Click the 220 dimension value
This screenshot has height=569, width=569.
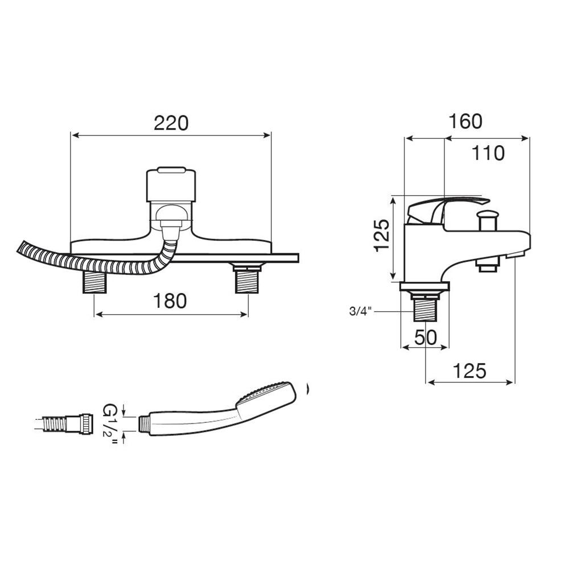pos(171,123)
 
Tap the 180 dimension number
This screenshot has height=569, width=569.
pos(170,301)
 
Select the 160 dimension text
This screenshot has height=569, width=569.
pos(465,121)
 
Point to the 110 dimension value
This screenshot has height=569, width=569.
pos(488,153)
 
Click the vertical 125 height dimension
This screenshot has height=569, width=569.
pos(382,236)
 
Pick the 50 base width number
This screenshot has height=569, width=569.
pos(425,338)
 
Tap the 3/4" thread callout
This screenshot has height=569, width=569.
pos(361,311)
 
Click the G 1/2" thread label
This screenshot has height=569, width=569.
pos(110,424)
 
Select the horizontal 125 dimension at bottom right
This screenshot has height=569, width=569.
pos(469,371)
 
